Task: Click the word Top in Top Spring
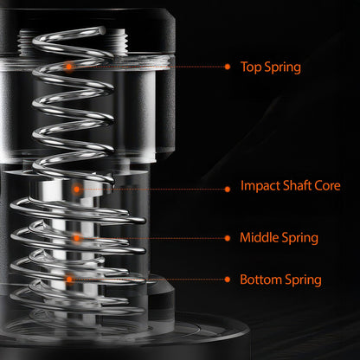tap(251, 67)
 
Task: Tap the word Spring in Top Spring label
tap(282, 67)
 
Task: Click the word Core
tap(327, 186)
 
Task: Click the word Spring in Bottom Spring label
tap(302, 280)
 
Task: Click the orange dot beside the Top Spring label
tap(228, 66)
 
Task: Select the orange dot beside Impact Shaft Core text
tap(228, 187)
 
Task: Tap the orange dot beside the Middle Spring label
tap(228, 237)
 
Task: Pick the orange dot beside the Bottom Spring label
tap(228, 280)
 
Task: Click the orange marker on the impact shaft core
tap(77, 187)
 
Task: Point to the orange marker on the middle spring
tap(77, 236)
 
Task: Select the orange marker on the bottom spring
tap(68, 279)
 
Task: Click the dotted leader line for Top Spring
tap(147, 66)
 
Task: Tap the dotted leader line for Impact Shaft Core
tap(151, 187)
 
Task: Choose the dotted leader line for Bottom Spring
tap(147, 280)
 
